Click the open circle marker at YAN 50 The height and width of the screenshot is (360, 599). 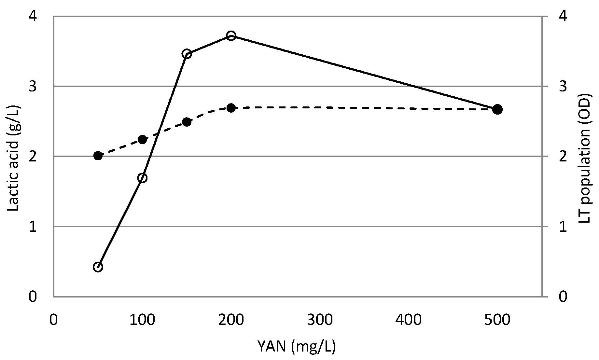point(98,267)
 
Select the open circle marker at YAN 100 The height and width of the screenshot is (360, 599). point(142,178)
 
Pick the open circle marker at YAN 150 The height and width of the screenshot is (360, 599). point(187,54)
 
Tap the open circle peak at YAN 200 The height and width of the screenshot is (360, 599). point(231,36)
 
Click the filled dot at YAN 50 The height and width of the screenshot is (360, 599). point(98,156)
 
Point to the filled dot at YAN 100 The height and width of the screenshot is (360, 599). point(142,140)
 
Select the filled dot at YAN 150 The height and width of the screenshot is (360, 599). point(187,122)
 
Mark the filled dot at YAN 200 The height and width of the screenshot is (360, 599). point(231,108)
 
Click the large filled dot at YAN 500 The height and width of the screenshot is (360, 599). point(497,109)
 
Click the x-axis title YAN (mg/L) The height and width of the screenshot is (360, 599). point(296,347)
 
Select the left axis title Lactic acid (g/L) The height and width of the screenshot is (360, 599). point(14,159)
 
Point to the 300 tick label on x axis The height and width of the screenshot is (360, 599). point(320,320)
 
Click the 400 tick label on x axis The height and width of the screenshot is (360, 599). point(409,320)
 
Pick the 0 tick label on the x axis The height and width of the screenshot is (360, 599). point(53,320)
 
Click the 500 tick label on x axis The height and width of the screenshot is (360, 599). point(497,320)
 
